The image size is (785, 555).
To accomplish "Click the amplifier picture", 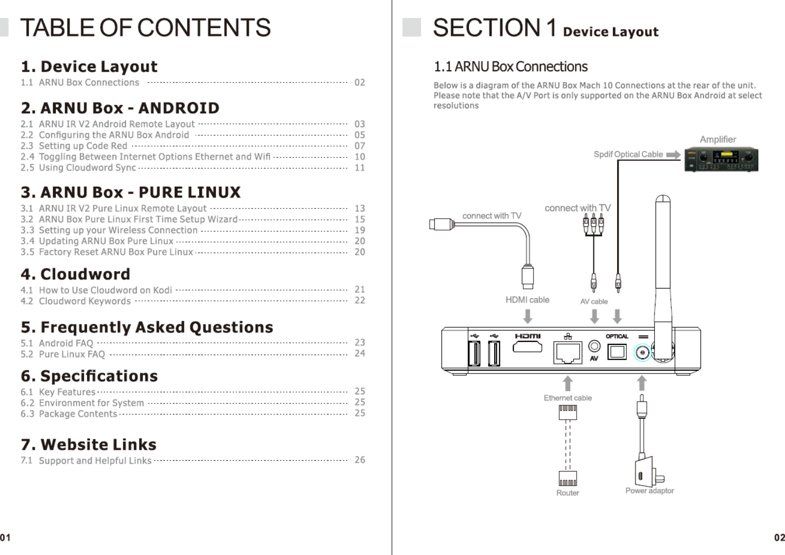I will point(721,160).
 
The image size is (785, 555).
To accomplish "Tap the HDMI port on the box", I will point(527,347).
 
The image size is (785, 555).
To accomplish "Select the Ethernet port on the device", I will point(567,353).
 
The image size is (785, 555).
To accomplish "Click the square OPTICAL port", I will point(617,352).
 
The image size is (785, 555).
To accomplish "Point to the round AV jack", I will point(594,346).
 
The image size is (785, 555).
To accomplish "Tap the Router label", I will point(567,493).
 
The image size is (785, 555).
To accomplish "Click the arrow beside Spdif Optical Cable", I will point(673,154).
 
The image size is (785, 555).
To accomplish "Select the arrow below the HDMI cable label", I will point(527,316).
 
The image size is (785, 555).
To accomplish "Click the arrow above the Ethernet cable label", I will point(567,383).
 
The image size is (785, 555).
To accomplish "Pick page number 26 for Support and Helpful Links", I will point(360,460).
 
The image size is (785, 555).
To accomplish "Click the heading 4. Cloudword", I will point(75,274).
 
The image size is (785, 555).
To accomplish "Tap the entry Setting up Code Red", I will point(83,146).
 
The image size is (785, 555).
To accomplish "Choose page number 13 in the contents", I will point(360,208).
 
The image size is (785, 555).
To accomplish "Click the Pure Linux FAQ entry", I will point(72,354).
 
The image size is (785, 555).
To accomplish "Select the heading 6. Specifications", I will point(89,376).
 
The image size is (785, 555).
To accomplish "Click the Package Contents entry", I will point(78,414).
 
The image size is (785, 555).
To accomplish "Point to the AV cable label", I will point(594,302).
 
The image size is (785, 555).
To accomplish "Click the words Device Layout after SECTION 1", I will point(610,32).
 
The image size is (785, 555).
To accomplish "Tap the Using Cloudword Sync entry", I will point(87,168).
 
